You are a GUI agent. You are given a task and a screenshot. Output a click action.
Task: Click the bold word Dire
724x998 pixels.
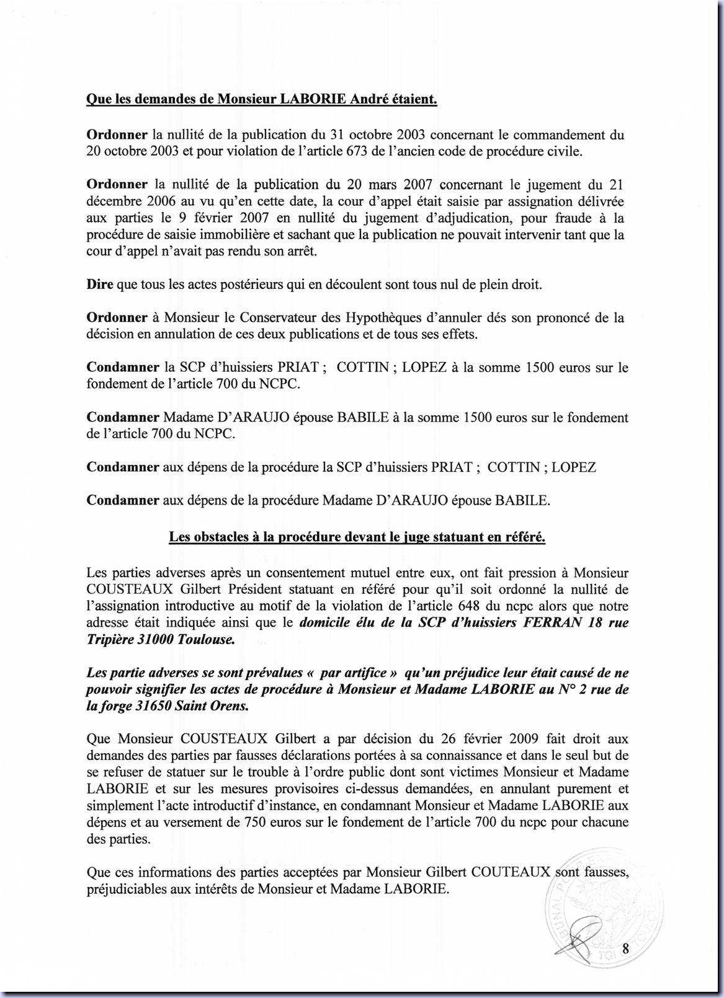pos(99,285)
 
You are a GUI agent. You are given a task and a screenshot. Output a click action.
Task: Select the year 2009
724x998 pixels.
pos(527,739)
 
